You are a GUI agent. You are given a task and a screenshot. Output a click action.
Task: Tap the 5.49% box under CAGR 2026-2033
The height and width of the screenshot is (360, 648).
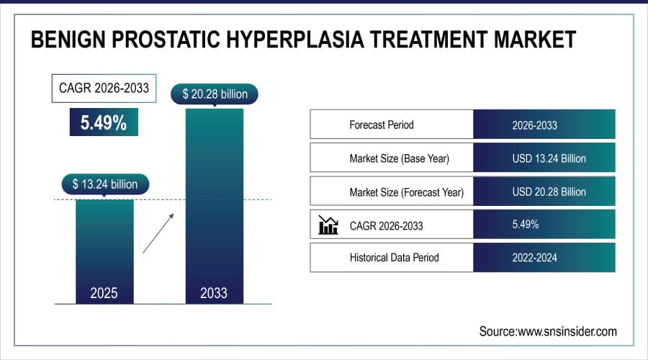click(x=104, y=123)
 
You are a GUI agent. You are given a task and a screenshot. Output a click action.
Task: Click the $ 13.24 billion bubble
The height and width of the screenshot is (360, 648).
click(x=104, y=184)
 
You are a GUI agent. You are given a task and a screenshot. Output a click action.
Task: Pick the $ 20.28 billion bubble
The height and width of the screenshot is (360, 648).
click(x=214, y=94)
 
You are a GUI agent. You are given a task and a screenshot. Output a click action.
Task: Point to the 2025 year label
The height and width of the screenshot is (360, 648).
click(x=104, y=293)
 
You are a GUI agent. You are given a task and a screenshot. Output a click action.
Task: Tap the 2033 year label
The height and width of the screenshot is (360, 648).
click(x=214, y=293)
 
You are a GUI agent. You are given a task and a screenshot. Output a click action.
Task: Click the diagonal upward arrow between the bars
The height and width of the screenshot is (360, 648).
click(x=158, y=232)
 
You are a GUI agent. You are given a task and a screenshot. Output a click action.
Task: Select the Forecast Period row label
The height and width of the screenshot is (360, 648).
click(x=382, y=125)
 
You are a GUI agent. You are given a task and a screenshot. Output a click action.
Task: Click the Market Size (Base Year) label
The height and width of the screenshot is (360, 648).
click(x=399, y=158)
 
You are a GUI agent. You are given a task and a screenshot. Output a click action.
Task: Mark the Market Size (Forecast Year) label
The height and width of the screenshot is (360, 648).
click(x=406, y=192)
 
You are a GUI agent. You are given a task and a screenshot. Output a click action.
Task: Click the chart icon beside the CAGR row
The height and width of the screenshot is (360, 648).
click(x=328, y=225)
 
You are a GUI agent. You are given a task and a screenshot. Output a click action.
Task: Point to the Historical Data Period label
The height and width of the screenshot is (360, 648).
click(x=394, y=257)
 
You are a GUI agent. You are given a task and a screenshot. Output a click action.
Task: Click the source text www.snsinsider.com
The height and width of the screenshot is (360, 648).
click(x=548, y=331)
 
